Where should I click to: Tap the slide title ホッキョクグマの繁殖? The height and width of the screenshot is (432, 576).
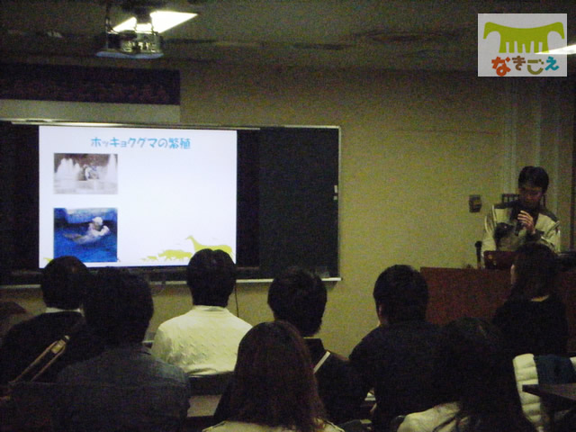click(x=140, y=142)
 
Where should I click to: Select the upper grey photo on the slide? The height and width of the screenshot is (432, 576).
click(x=85, y=174)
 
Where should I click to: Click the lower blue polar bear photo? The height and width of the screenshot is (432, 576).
click(x=85, y=235)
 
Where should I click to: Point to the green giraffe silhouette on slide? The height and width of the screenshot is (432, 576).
click(x=211, y=245)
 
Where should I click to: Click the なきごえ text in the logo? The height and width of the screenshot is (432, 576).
click(x=526, y=66)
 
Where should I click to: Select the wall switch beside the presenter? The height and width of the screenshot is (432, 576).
click(x=474, y=203)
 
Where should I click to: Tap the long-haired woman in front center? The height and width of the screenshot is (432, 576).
click(x=273, y=378)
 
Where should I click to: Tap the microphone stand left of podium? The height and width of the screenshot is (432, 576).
click(x=478, y=254)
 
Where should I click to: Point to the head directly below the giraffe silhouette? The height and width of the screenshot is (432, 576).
click(x=211, y=276)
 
